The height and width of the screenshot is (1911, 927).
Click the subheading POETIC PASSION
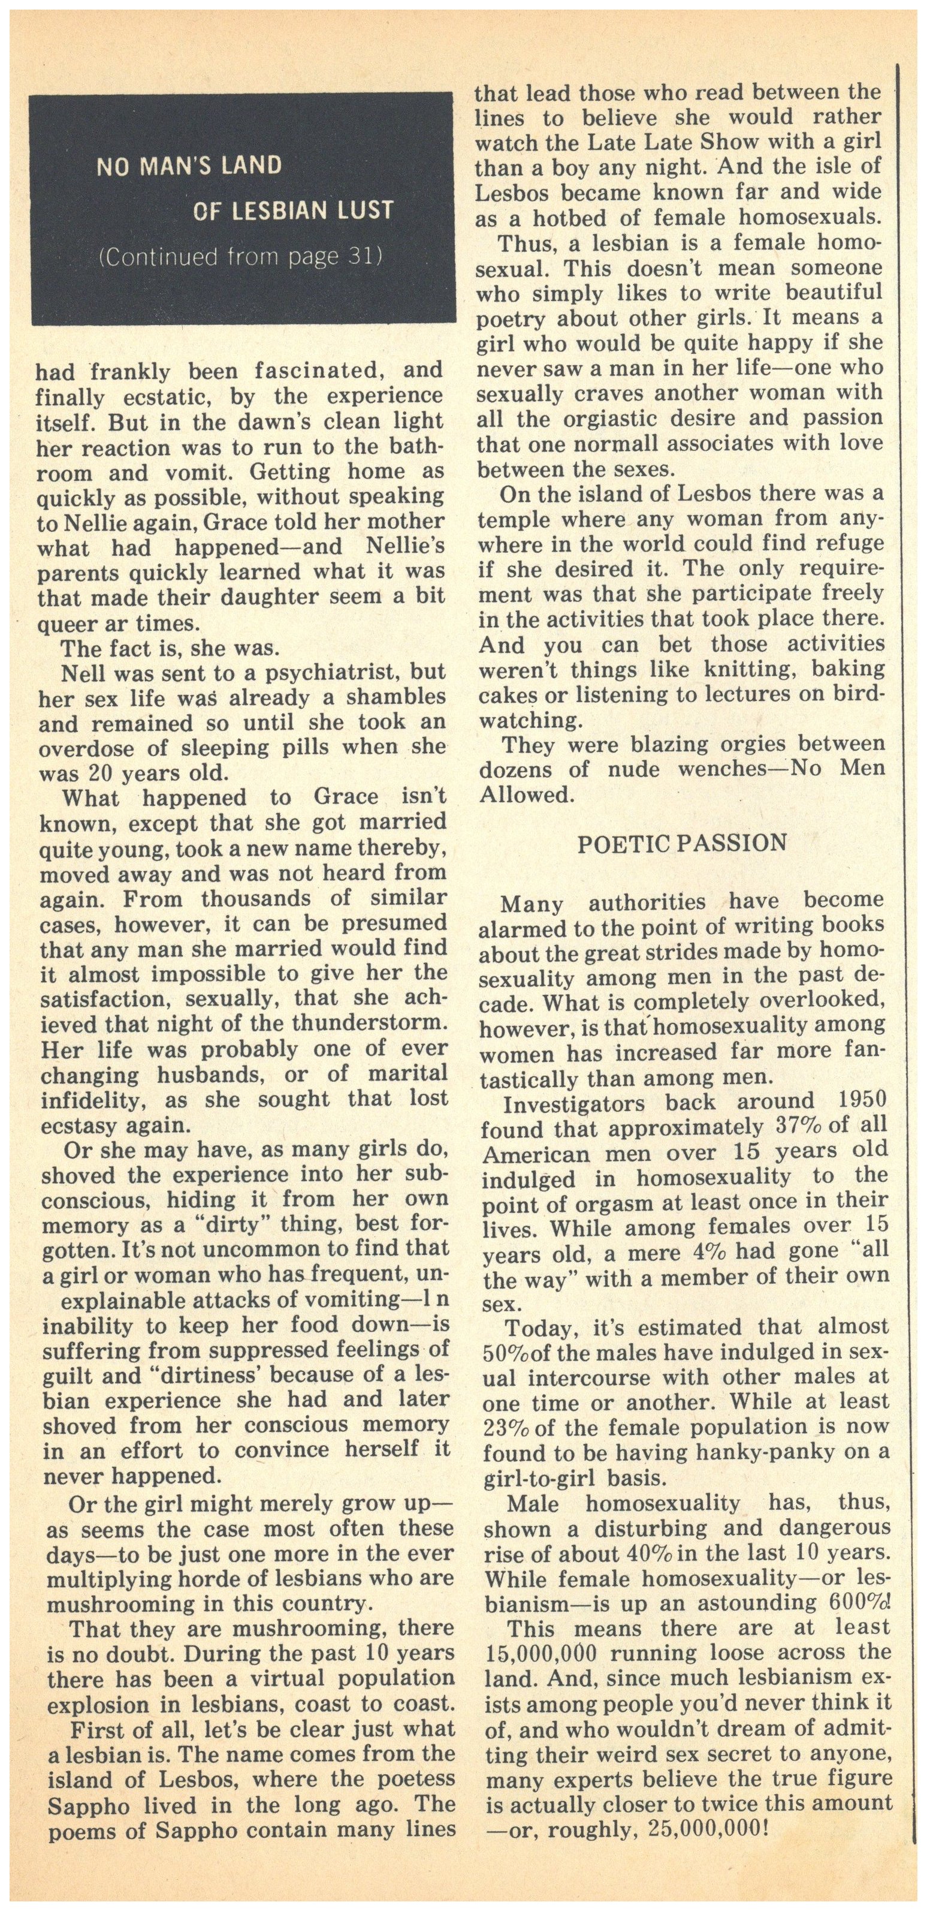pyautogui.click(x=681, y=844)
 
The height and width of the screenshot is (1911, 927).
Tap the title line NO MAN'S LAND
pyautogui.click(x=189, y=165)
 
